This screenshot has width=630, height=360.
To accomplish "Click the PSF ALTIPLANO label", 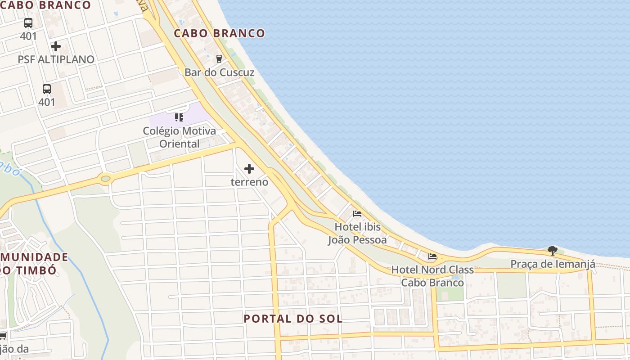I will [x=56, y=59].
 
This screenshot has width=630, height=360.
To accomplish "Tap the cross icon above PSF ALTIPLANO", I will [x=56, y=46].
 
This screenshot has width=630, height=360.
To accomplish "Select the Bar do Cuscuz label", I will [x=219, y=72].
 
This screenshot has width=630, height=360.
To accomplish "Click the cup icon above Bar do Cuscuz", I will [x=219, y=58].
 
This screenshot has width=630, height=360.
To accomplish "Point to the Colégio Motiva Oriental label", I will [x=179, y=137].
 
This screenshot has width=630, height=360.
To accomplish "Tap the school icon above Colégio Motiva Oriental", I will [x=179, y=117].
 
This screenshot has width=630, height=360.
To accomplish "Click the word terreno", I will [x=249, y=182].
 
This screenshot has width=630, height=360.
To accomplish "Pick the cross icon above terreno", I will [x=249, y=169].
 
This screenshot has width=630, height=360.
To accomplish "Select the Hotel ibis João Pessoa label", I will [x=357, y=233].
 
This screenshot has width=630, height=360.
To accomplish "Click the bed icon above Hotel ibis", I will [x=357, y=213].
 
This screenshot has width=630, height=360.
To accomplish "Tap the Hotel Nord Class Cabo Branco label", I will [x=432, y=276].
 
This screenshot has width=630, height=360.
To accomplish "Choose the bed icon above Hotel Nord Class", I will [x=432, y=256].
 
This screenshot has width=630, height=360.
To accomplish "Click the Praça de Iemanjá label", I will [x=553, y=264].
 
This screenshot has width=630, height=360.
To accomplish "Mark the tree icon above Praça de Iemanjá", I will [x=553, y=250].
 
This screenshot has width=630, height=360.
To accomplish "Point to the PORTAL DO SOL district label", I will [x=293, y=319].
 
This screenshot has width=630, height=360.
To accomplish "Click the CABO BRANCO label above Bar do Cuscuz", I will [x=219, y=33].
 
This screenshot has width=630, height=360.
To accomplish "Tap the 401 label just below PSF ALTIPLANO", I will [x=47, y=102].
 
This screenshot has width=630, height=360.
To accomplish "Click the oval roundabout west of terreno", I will [x=106, y=179].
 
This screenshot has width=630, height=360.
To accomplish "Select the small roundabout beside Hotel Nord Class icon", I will [x=441, y=258].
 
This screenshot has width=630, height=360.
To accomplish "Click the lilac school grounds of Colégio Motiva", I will [x=198, y=112].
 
